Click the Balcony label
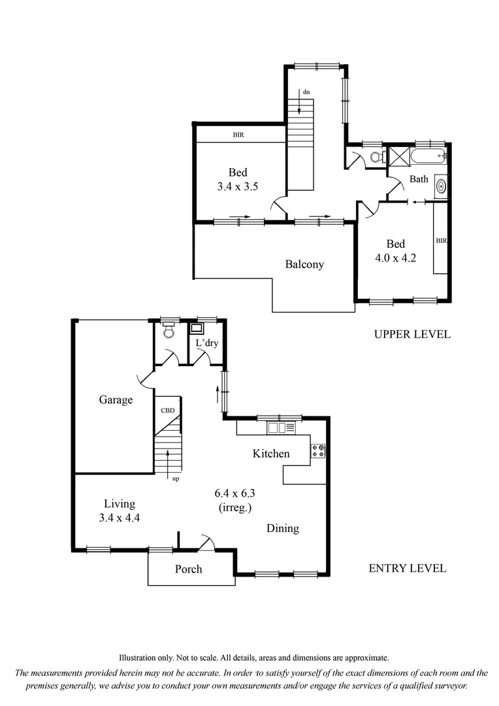(304, 265)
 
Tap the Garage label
(116, 399)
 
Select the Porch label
(188, 569)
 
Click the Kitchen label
(271, 453)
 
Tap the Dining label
(282, 528)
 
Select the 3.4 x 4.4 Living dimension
(120, 517)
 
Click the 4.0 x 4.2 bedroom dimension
(395, 258)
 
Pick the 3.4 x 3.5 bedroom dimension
(238, 186)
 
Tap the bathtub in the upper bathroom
(429, 156)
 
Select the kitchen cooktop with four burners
(318, 450)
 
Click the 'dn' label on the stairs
(306, 92)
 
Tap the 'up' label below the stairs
(175, 479)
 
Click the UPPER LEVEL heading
(411, 334)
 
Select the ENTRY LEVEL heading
(408, 568)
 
